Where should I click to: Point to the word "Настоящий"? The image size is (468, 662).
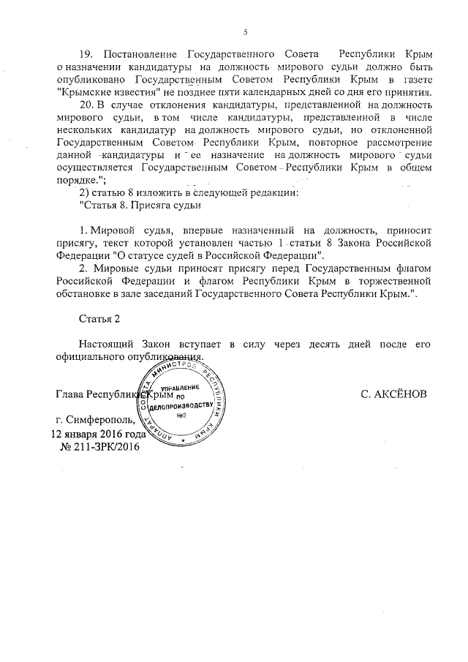pyautogui.click(x=108, y=345)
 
